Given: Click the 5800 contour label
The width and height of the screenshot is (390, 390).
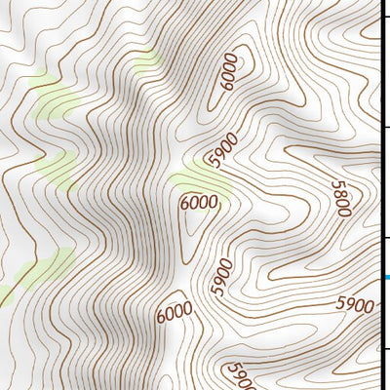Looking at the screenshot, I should point(340,198).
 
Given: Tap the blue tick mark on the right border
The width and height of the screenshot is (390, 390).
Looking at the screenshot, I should point(385,279).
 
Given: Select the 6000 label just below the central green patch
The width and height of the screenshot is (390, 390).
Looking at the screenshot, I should point(199,203).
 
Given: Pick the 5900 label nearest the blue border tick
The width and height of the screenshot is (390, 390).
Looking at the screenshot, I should point(355,305).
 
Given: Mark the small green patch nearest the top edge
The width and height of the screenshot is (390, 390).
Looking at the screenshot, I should point(146,62).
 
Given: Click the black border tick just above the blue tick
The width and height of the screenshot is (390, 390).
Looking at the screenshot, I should point(385,237).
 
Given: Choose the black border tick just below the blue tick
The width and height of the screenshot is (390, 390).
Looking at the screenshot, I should point(385,350).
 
